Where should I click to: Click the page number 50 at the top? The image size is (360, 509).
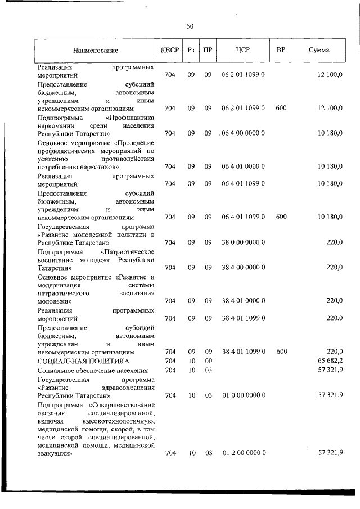[190, 26]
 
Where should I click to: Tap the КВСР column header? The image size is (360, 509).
[169, 50]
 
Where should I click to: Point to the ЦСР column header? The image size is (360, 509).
[243, 50]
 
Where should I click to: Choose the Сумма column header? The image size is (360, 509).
[319, 51]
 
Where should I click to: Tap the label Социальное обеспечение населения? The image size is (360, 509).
[93, 370]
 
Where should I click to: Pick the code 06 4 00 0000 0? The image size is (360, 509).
[243, 133]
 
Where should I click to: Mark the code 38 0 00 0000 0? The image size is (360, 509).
[243, 242]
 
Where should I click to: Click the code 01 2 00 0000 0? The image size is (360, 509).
[243, 452]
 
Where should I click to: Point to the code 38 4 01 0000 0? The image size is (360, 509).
[243, 300]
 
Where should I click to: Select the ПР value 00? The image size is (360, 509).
[208, 361]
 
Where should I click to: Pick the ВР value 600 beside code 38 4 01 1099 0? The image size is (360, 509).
[281, 351]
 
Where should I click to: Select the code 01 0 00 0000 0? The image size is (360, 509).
[243, 395]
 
